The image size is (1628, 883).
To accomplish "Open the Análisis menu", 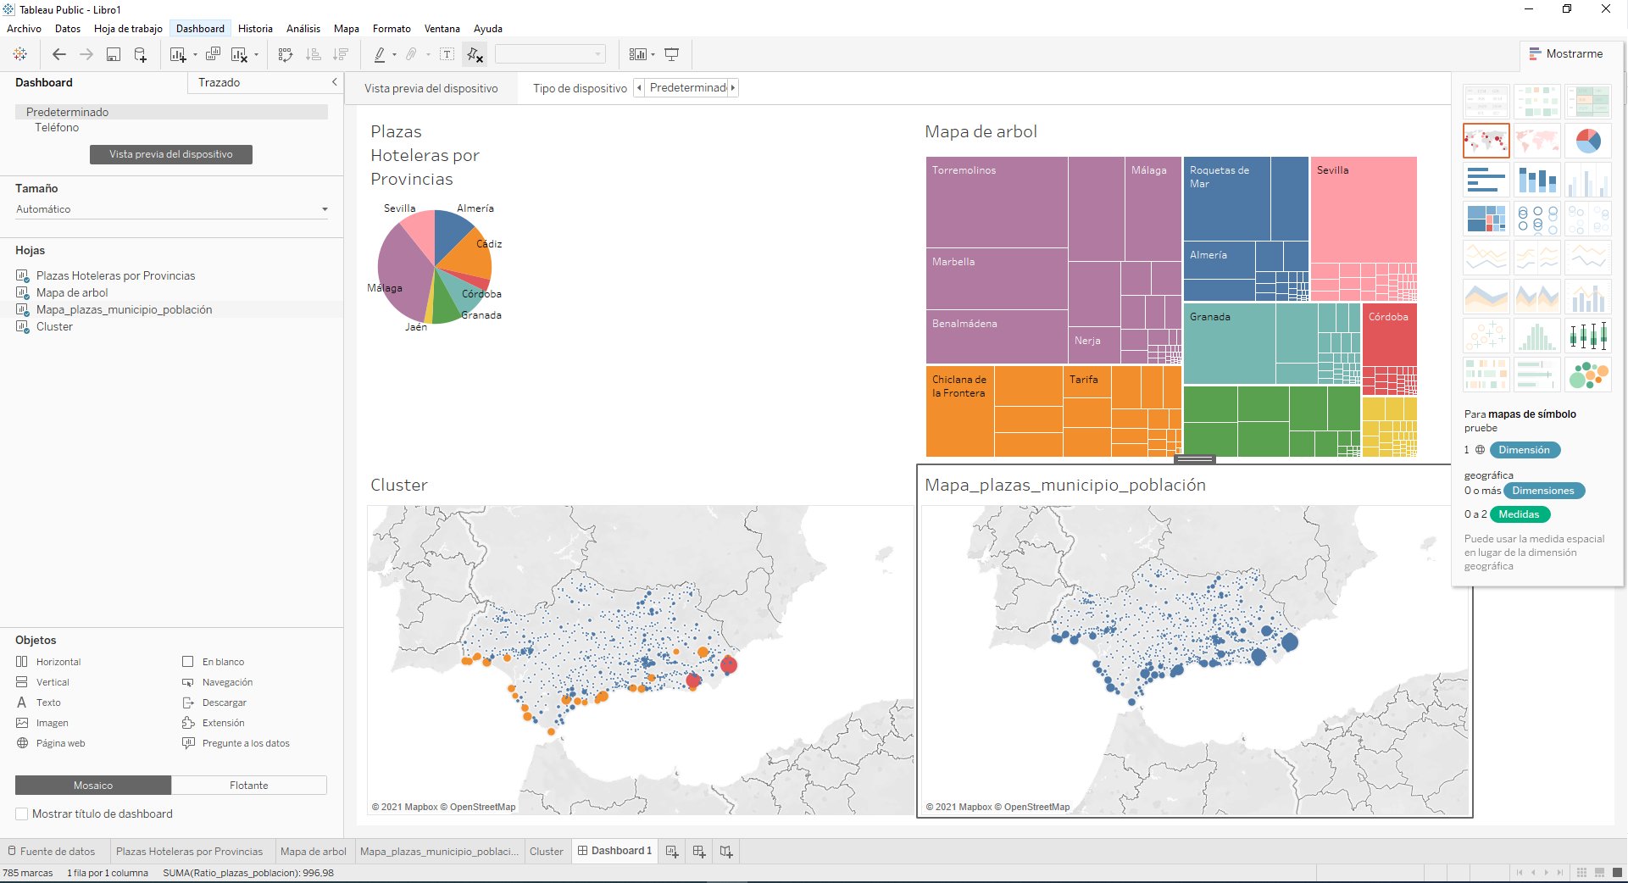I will pos(303,29).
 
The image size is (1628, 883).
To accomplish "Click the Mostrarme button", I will pos(1566,53).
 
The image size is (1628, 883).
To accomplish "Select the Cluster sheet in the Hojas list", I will pos(54,326).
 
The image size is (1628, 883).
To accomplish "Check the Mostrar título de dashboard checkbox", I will pos(22,814).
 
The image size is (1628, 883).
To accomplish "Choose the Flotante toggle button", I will pos(248,786).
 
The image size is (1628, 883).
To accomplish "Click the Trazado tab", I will pos(219,82).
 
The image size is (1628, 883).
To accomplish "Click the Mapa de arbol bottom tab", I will pos(313,851).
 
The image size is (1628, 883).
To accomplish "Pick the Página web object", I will pos(60,743).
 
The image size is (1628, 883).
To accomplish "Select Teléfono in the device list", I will pos(57,127).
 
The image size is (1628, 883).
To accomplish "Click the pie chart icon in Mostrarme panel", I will pos(1587,141).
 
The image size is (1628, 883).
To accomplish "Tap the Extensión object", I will pos(223,723).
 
